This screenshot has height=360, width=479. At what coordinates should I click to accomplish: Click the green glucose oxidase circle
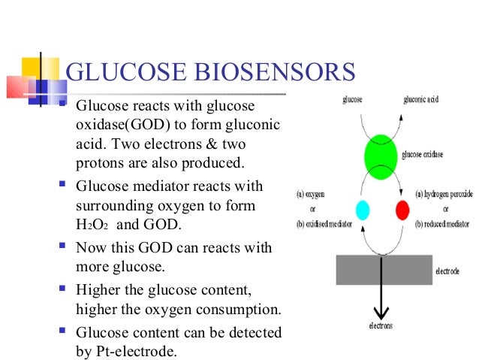click(x=384, y=155)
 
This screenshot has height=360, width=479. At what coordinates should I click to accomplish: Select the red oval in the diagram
click(x=402, y=209)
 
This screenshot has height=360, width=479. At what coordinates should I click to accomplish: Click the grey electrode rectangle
click(x=383, y=269)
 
